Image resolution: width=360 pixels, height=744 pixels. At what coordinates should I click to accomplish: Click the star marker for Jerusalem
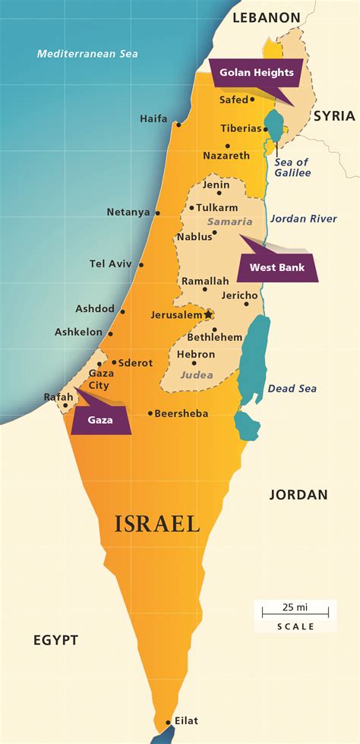tap(208, 314)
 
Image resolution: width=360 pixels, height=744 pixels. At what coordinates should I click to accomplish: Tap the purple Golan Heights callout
tap(256, 74)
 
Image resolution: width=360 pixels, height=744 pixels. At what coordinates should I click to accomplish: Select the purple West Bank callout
tap(277, 267)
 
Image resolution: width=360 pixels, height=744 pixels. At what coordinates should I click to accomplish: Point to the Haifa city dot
tap(178, 124)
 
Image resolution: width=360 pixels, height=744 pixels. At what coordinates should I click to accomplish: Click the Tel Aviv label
tap(111, 263)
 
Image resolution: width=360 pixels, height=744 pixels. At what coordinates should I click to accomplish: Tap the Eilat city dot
tap(168, 722)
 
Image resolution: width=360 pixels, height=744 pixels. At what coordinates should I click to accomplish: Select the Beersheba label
tap(182, 414)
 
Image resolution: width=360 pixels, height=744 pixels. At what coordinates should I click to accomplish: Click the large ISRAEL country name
tap(157, 524)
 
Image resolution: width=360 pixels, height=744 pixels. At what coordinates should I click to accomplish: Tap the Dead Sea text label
tap(292, 389)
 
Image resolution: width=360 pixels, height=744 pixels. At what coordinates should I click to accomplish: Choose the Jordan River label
tap(303, 219)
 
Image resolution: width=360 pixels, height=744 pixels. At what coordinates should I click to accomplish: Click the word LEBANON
tap(267, 16)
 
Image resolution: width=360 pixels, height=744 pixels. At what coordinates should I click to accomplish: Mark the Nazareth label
tap(226, 156)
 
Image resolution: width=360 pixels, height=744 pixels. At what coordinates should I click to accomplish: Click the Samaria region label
tap(229, 221)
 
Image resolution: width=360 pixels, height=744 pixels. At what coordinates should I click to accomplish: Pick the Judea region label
tap(197, 374)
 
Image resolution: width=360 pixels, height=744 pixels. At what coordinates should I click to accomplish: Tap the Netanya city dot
tap(157, 213)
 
